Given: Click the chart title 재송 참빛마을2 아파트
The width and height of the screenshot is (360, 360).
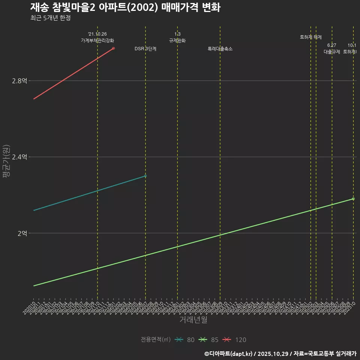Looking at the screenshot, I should coord(125,7).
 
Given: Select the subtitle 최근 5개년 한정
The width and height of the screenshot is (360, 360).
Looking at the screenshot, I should coord(50,18).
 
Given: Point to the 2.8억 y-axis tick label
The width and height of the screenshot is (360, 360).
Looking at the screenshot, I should coord(19,81).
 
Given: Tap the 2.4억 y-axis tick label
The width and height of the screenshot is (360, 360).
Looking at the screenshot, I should coord(19,157).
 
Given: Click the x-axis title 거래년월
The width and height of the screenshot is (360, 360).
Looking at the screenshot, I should coord(193,320).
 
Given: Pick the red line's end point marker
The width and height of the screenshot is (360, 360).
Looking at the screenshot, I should coord(113,48).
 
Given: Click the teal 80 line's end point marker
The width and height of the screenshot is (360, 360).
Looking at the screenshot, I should coord(145,176).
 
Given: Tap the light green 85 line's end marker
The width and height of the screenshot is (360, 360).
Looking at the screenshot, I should coord(353,199).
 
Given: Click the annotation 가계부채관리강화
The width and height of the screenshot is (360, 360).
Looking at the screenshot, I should coord(97,40).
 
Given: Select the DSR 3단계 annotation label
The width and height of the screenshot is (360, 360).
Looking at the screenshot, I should coord(145,49).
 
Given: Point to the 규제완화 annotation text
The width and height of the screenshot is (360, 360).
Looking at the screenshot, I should coord(177,40).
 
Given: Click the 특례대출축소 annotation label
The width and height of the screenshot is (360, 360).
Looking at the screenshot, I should coord(220,49).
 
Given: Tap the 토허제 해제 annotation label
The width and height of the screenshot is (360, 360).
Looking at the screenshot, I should coord(311,37).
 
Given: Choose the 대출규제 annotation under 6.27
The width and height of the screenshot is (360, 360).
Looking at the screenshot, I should coord(332,52).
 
